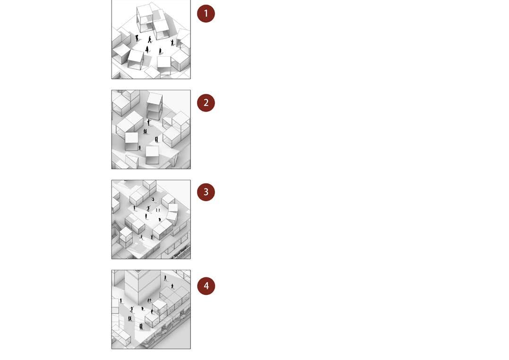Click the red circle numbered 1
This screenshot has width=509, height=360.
pyautogui.click(x=206, y=14)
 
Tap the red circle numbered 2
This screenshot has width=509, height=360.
pyautogui.click(x=206, y=103)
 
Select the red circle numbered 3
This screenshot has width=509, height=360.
pyautogui.click(x=206, y=192)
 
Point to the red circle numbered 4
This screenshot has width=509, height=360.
pyautogui.click(x=206, y=286)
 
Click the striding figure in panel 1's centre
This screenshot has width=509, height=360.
pyautogui.click(x=150, y=39)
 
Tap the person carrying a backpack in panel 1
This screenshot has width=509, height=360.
pyautogui.click(x=137, y=38)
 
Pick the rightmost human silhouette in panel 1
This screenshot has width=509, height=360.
pyautogui.click(x=173, y=43)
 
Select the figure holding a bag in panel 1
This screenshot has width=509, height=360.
pyautogui.click(x=147, y=50)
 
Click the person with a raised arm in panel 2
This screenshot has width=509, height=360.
pyautogui.click(x=149, y=122)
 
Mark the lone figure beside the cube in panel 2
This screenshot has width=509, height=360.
pyautogui.click(x=140, y=148)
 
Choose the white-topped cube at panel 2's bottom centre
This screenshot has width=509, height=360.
pyautogui.click(x=152, y=155)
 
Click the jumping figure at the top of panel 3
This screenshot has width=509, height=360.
pyautogui.click(x=153, y=199)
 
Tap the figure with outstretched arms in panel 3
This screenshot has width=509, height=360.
pyautogui.click(x=149, y=208)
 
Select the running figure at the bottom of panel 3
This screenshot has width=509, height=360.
pyautogui.click(x=141, y=237)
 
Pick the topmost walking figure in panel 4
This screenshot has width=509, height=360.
pyautogui.click(x=165, y=278)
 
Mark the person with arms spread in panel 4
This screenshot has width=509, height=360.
pyautogui.click(x=132, y=309)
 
